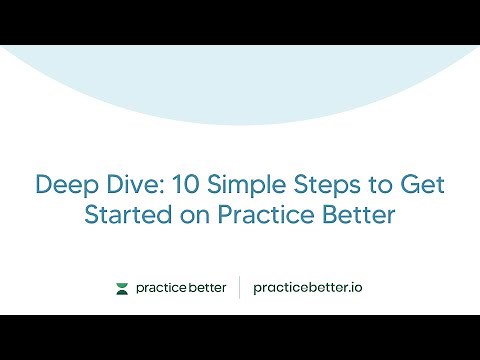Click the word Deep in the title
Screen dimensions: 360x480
pyautogui.click(x=63, y=186)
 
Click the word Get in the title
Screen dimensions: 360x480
pyautogui.click(x=418, y=186)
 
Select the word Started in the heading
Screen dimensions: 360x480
pyautogui.click(x=125, y=216)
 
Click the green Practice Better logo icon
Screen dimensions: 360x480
pyautogui.click(x=122, y=289)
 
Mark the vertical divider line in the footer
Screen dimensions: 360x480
pyautogui.click(x=240, y=288)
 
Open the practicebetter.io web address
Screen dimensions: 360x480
pyautogui.click(x=307, y=289)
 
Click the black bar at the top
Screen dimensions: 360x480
pyautogui.click(x=240, y=22)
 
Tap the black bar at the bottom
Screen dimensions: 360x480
pyautogui.click(x=240, y=337)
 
